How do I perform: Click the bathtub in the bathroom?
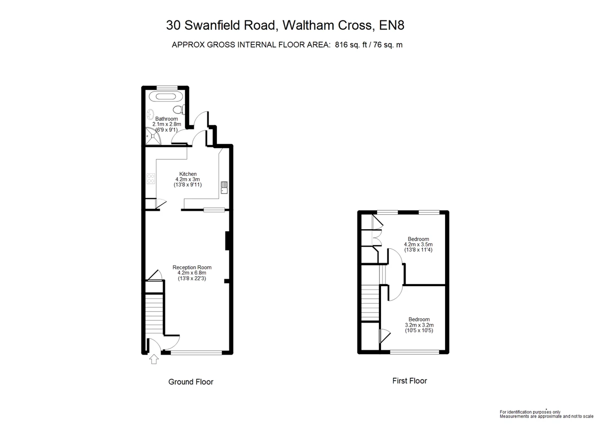(x=166, y=96)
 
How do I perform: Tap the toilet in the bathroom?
(x=179, y=109)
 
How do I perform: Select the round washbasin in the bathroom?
(x=150, y=115)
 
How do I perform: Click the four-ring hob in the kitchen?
(x=151, y=179)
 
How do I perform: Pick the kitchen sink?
(x=224, y=187)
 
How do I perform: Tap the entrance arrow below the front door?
(x=154, y=359)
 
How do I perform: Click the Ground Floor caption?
(x=190, y=382)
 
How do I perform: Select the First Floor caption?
(x=409, y=381)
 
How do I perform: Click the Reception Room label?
(x=192, y=267)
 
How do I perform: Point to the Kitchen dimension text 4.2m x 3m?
(x=187, y=179)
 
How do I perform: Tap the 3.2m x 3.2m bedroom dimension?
(x=419, y=325)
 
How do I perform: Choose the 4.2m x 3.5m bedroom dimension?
(x=418, y=244)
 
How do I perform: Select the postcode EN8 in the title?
(x=391, y=25)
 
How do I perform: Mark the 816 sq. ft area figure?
(x=351, y=44)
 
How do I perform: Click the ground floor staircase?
(x=154, y=314)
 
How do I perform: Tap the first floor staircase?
(x=370, y=303)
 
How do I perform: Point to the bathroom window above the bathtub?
(x=167, y=87)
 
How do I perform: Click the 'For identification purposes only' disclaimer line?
(x=530, y=412)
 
